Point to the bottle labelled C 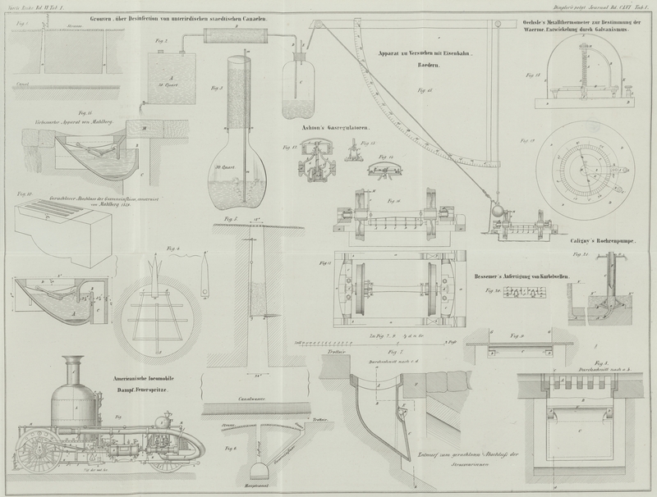296,86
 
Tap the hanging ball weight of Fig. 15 496,210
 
